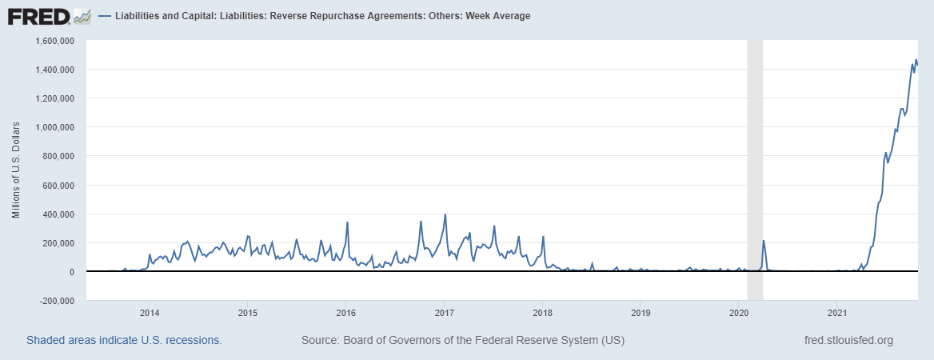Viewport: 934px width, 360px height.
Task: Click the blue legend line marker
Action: [x=106, y=16]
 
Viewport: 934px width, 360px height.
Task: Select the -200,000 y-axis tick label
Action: [x=54, y=301]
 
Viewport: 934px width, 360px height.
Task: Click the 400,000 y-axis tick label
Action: [x=57, y=214]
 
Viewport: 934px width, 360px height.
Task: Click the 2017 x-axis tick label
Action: [x=444, y=313]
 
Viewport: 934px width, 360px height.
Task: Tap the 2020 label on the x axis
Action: [x=739, y=313]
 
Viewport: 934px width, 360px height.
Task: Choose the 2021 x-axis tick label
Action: [x=837, y=313]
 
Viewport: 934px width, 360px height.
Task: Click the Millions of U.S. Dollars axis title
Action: [x=16, y=170]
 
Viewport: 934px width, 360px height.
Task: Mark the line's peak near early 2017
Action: [x=445, y=214]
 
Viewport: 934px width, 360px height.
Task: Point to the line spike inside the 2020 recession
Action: [x=764, y=241]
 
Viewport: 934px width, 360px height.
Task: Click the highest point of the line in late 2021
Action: [x=916, y=60]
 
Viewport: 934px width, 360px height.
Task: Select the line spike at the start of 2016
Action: [x=347, y=222]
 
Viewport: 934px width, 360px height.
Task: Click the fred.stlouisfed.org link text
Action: [x=848, y=341]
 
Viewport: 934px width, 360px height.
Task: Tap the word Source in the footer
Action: [x=319, y=341]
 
